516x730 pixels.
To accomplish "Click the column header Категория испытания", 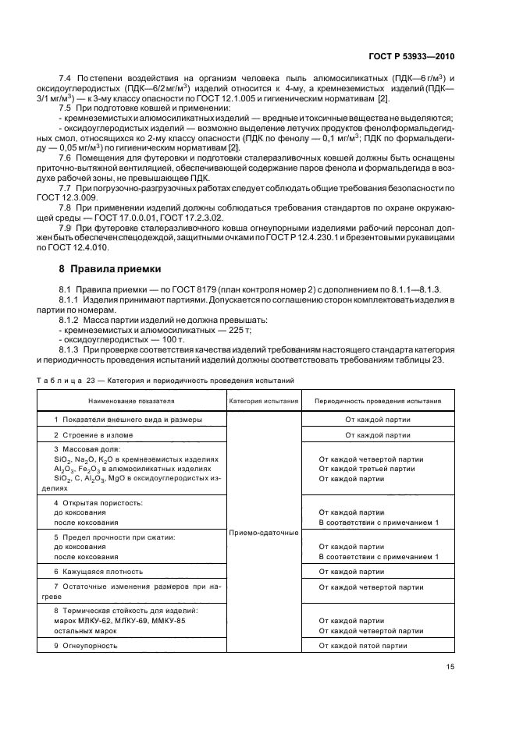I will click(x=264, y=402).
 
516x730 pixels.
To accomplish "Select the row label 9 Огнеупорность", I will click(x=87, y=646).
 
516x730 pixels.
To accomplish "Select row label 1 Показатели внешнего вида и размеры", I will click(x=124, y=419).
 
